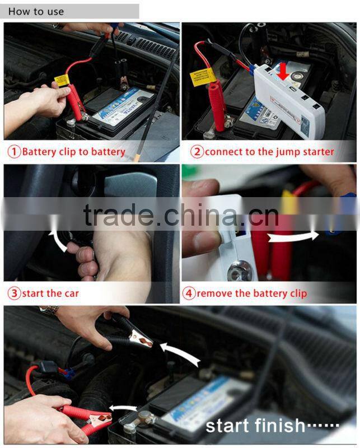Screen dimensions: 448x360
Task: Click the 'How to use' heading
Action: point(36,11)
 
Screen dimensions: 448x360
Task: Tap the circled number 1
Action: point(14,152)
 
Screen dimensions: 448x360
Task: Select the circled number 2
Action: point(197,152)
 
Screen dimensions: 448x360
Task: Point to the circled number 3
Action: point(14,293)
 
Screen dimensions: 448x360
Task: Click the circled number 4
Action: point(189,293)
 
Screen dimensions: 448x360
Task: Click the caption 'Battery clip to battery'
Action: point(73,152)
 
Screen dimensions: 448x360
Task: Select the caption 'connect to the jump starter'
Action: point(269,152)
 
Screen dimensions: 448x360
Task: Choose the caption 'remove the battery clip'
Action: point(251,293)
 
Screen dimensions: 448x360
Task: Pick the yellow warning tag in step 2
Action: point(204,76)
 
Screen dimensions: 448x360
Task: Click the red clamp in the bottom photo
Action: point(78,417)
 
